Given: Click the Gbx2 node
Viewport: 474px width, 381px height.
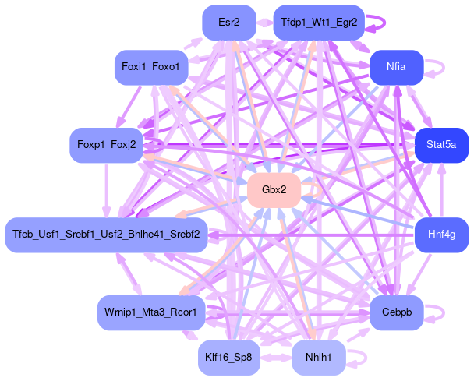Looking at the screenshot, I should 274,190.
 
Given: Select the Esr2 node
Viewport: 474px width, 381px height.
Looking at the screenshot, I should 229,23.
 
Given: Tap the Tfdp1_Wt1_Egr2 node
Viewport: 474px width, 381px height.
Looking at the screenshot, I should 319,23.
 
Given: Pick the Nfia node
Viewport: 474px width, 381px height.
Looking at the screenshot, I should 396,68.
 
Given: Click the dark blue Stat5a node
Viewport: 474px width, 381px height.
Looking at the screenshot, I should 441,145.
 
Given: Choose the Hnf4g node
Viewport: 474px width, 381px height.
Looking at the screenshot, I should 441,233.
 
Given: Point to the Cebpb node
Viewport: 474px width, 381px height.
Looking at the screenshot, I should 396,312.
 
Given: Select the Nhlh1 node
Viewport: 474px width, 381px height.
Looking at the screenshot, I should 318,358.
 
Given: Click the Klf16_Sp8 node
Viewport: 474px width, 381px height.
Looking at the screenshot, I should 228,358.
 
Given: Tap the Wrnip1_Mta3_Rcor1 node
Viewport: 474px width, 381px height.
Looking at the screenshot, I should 151,312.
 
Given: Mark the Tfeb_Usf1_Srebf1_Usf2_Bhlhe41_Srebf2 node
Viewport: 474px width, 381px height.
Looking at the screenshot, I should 106,234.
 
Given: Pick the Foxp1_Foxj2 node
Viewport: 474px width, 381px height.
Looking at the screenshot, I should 107,145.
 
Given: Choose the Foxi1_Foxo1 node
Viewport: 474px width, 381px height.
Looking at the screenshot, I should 151,68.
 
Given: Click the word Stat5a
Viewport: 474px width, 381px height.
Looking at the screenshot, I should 441,145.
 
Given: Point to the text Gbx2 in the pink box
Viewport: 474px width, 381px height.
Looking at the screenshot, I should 274,190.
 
